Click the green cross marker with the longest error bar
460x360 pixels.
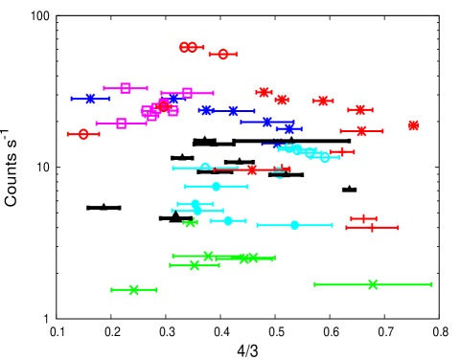tap(373, 284)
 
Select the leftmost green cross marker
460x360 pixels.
tap(134, 290)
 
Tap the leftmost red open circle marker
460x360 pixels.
tap(83, 134)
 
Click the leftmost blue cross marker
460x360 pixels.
tap(90, 99)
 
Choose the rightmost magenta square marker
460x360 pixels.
tap(187, 93)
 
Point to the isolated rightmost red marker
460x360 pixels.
tap(413, 125)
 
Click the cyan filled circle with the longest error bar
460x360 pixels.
tap(294, 225)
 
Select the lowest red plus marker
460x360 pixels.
tap(372, 228)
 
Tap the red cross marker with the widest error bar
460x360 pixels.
tap(252, 169)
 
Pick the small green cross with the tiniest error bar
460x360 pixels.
tap(191, 223)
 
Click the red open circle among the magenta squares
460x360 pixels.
tap(164, 106)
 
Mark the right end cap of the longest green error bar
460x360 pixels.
tap(431, 284)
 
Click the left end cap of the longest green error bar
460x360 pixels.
tap(315, 284)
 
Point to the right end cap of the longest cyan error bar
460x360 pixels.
tap(332, 225)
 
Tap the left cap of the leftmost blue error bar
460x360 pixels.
tap(72, 99)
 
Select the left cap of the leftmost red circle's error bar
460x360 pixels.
tap(68, 134)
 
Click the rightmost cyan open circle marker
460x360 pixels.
tap(325, 157)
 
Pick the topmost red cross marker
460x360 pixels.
tap(264, 92)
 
